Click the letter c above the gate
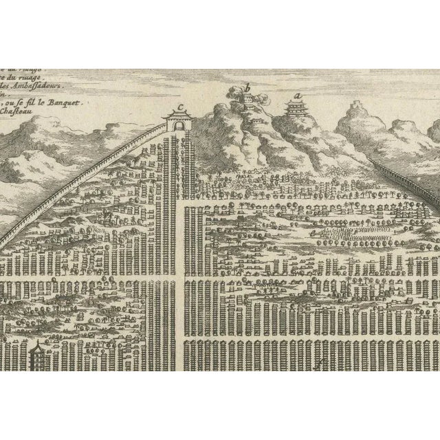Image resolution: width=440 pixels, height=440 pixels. pos(180,106)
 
